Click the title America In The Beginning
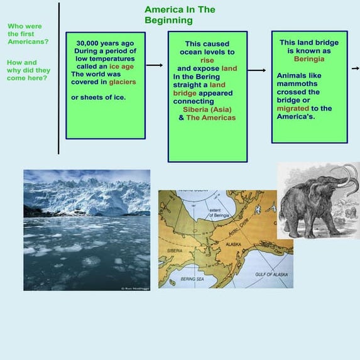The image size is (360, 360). click(x=180, y=15)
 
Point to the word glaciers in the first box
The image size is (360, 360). click(x=122, y=82)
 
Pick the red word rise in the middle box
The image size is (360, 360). click(x=207, y=60)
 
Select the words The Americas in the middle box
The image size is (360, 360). click(x=210, y=117)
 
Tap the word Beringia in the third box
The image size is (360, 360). click(x=309, y=58)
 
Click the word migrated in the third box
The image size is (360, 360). click(x=293, y=108)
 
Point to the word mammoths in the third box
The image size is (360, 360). click(x=297, y=84)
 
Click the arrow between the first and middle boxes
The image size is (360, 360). click(x=154, y=65)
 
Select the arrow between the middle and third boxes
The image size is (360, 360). click(x=256, y=70)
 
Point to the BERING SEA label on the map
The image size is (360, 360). click(x=191, y=278)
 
